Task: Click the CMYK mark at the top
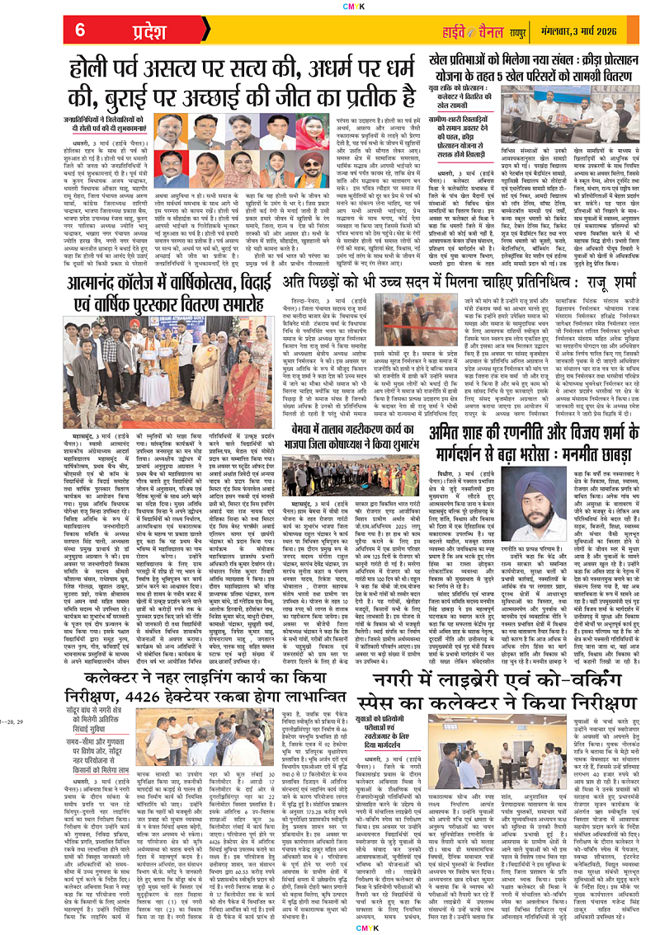329,4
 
